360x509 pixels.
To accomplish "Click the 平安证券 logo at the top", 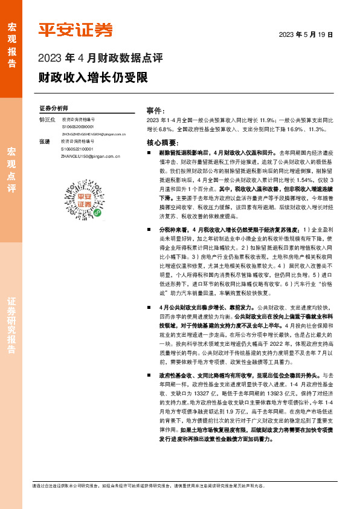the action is pyautogui.click(x=76, y=29).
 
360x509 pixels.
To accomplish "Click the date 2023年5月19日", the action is pyautogui.click(x=306, y=34).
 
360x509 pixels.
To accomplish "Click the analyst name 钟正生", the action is pyautogui.click(x=47, y=120).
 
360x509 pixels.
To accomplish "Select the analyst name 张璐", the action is pyautogui.click(x=44, y=141).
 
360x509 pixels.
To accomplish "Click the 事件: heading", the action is pyautogui.click(x=156, y=111).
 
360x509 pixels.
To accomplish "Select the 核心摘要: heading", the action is pyautogui.click(x=161, y=143).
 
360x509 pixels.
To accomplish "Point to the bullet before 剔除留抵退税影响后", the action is pyautogui.click(x=149, y=154).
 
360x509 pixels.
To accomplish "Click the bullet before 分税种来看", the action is pyautogui.click(x=149, y=230).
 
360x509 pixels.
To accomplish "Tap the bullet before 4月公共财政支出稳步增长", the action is pyautogui.click(x=149, y=308).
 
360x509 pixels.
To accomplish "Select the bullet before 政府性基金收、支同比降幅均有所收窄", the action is pyautogui.click(x=149, y=375).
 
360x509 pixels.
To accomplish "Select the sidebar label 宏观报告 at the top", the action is pyautogui.click(x=11, y=39).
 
